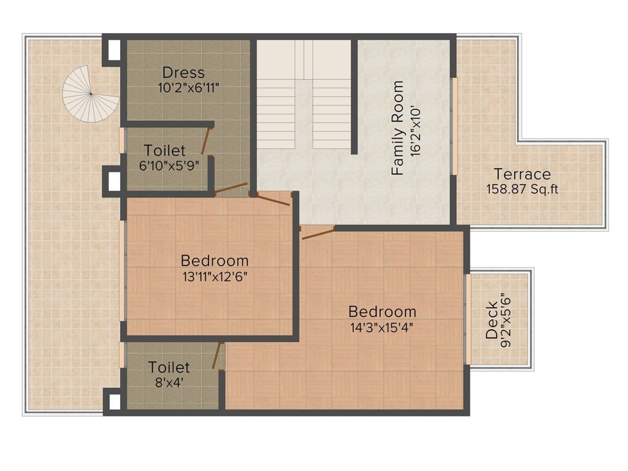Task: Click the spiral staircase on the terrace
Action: coord(91,94)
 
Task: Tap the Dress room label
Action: coord(183,73)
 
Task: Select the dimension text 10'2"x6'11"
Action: coord(189,88)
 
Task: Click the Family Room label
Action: coord(397,128)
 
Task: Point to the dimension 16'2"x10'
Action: coord(415,131)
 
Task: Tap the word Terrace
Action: coord(523,174)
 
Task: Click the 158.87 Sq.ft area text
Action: coord(523,189)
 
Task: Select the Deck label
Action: coord(492,320)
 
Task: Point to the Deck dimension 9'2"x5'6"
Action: coord(506,320)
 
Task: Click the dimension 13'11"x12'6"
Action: coord(215,277)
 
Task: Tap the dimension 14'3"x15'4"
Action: coord(381,328)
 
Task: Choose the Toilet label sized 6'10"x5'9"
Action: coord(164,151)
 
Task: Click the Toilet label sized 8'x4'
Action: coord(169,367)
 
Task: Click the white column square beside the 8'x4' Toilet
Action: coord(115,402)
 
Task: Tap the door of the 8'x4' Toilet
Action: coord(218,355)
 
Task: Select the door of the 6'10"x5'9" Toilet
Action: coord(207,140)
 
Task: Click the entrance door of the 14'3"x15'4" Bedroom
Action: coord(318,232)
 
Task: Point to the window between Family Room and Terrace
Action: coord(454,126)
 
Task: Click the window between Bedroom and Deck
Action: coord(467,319)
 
